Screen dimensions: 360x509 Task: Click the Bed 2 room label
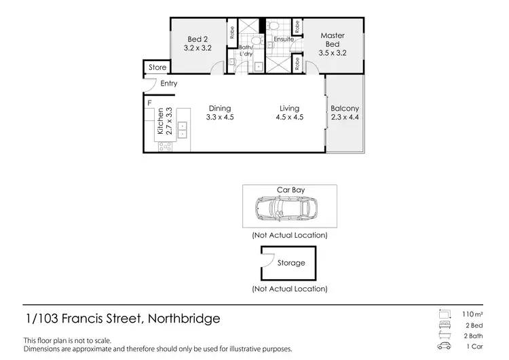pos(198,39)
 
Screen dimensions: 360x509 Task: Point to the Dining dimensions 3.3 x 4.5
pos(220,118)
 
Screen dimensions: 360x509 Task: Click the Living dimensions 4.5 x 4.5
pos(290,118)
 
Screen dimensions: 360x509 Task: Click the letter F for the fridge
pos(149,103)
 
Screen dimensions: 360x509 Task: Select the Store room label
pos(157,68)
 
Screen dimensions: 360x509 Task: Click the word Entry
pos(168,84)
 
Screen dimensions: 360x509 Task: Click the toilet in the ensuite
pos(272,26)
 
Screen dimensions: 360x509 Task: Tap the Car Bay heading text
pos(290,190)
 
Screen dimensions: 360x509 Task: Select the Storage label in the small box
pos(292,263)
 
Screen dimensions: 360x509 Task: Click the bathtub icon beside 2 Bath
pos(445,336)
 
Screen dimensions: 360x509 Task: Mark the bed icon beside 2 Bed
pos(445,325)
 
